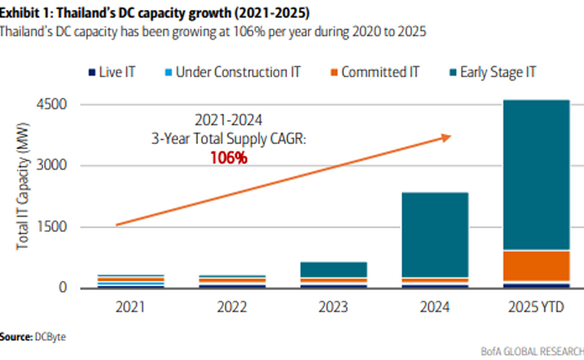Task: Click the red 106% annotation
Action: pyautogui.click(x=229, y=158)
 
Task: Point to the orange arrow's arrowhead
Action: pyautogui.click(x=446, y=136)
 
